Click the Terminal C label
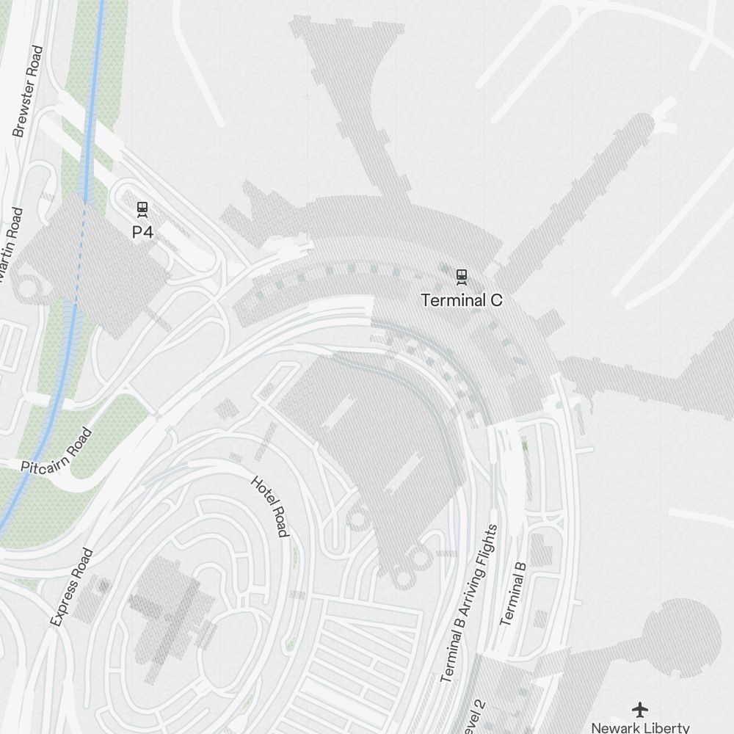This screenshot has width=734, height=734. (x=462, y=300)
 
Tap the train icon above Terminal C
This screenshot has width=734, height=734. (x=462, y=277)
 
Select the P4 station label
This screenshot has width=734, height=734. (x=142, y=232)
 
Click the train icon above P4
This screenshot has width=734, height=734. (x=142, y=210)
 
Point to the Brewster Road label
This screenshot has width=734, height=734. (x=29, y=92)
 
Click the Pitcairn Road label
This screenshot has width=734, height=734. (x=57, y=450)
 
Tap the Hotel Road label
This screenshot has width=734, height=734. (x=269, y=506)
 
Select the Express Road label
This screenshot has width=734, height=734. (x=72, y=587)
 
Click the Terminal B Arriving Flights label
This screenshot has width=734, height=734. (x=469, y=603)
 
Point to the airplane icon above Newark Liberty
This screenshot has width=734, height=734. (x=641, y=710)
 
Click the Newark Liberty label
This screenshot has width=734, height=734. (x=640, y=727)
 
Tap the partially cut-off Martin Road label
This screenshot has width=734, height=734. (x=10, y=246)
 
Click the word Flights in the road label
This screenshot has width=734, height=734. (x=488, y=547)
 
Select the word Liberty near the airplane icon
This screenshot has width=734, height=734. (x=668, y=727)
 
